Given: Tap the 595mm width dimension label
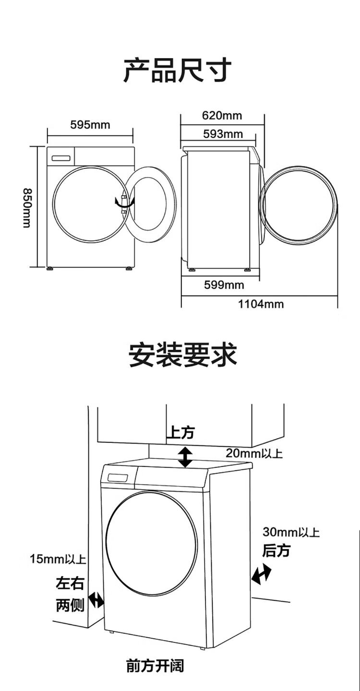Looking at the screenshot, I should coord(90,125).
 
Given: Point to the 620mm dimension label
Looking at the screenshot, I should coord(222,116).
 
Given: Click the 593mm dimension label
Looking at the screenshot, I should coord(223,134).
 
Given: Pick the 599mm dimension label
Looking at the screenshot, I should coord(224,286).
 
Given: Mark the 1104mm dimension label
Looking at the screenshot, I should coord(261,304).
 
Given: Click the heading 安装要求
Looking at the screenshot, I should coord(183,356).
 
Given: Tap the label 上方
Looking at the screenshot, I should coord(180,433).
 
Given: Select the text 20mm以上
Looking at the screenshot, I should coord(254,453).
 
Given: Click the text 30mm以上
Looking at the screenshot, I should coord(291,532).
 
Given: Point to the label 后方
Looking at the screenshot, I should coord(276,551).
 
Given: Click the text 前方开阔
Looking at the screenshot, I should coord(155,666).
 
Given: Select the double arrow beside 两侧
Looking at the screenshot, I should coord(96,599).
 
